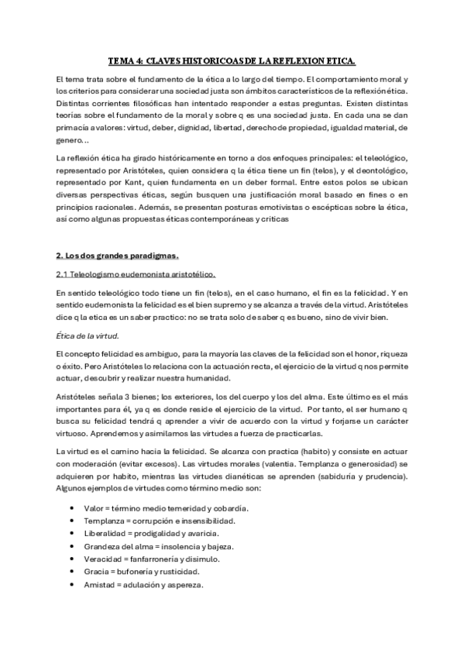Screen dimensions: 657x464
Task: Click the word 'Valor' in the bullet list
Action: click(95, 508)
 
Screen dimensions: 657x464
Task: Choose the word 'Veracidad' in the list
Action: click(102, 559)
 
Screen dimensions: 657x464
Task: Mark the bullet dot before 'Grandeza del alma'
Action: click(71, 546)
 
